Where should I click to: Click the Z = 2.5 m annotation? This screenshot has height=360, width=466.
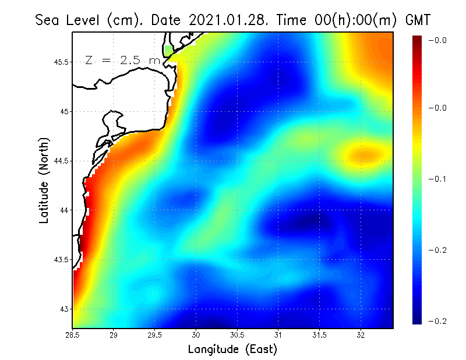[x=122, y=60]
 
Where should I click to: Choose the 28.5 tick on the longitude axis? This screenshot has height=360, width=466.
[x=73, y=335]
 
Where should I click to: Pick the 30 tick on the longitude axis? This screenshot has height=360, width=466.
[x=196, y=335]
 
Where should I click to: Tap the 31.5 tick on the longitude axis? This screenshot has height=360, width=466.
[x=320, y=335]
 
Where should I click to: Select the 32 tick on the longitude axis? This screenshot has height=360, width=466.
[x=361, y=335]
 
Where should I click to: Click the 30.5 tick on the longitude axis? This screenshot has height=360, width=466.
[x=237, y=335]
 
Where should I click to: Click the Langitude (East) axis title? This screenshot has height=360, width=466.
[x=232, y=350]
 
